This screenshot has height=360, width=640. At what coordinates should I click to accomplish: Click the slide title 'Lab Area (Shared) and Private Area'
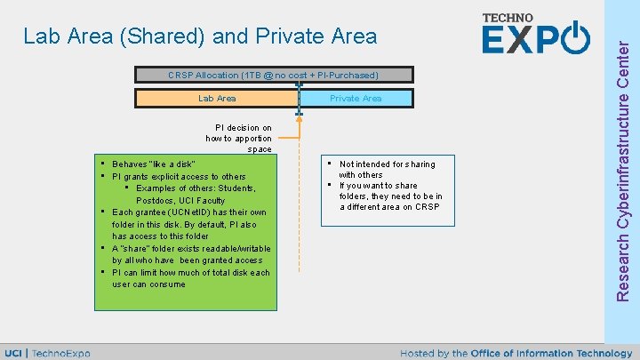(x=200, y=36)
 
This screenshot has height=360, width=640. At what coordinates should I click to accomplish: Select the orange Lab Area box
(x=217, y=99)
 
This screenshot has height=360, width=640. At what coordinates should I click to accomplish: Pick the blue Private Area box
(x=356, y=99)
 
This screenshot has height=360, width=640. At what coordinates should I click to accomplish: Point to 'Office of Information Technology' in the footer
(x=552, y=353)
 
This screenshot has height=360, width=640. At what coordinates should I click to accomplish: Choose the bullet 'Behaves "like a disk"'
(x=154, y=164)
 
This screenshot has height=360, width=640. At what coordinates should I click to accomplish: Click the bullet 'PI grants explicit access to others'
(x=179, y=177)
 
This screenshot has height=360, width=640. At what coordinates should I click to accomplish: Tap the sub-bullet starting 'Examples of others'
(x=196, y=188)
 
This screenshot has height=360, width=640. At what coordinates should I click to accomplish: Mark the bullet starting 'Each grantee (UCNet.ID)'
(x=188, y=212)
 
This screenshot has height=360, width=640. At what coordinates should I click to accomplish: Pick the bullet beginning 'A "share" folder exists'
(x=191, y=249)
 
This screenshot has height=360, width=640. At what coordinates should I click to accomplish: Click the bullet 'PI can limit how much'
(x=190, y=273)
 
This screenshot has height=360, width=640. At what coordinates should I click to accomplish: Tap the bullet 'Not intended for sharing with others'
(x=387, y=169)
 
